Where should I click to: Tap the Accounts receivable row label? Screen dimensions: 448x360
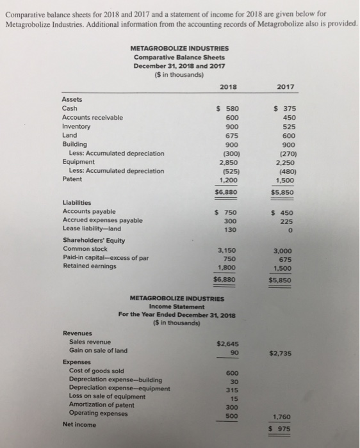click(92, 117)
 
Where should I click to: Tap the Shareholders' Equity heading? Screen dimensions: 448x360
click(94, 240)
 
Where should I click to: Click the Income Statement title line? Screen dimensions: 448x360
click(177, 306)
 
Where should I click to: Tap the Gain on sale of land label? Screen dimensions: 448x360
click(98, 351)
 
